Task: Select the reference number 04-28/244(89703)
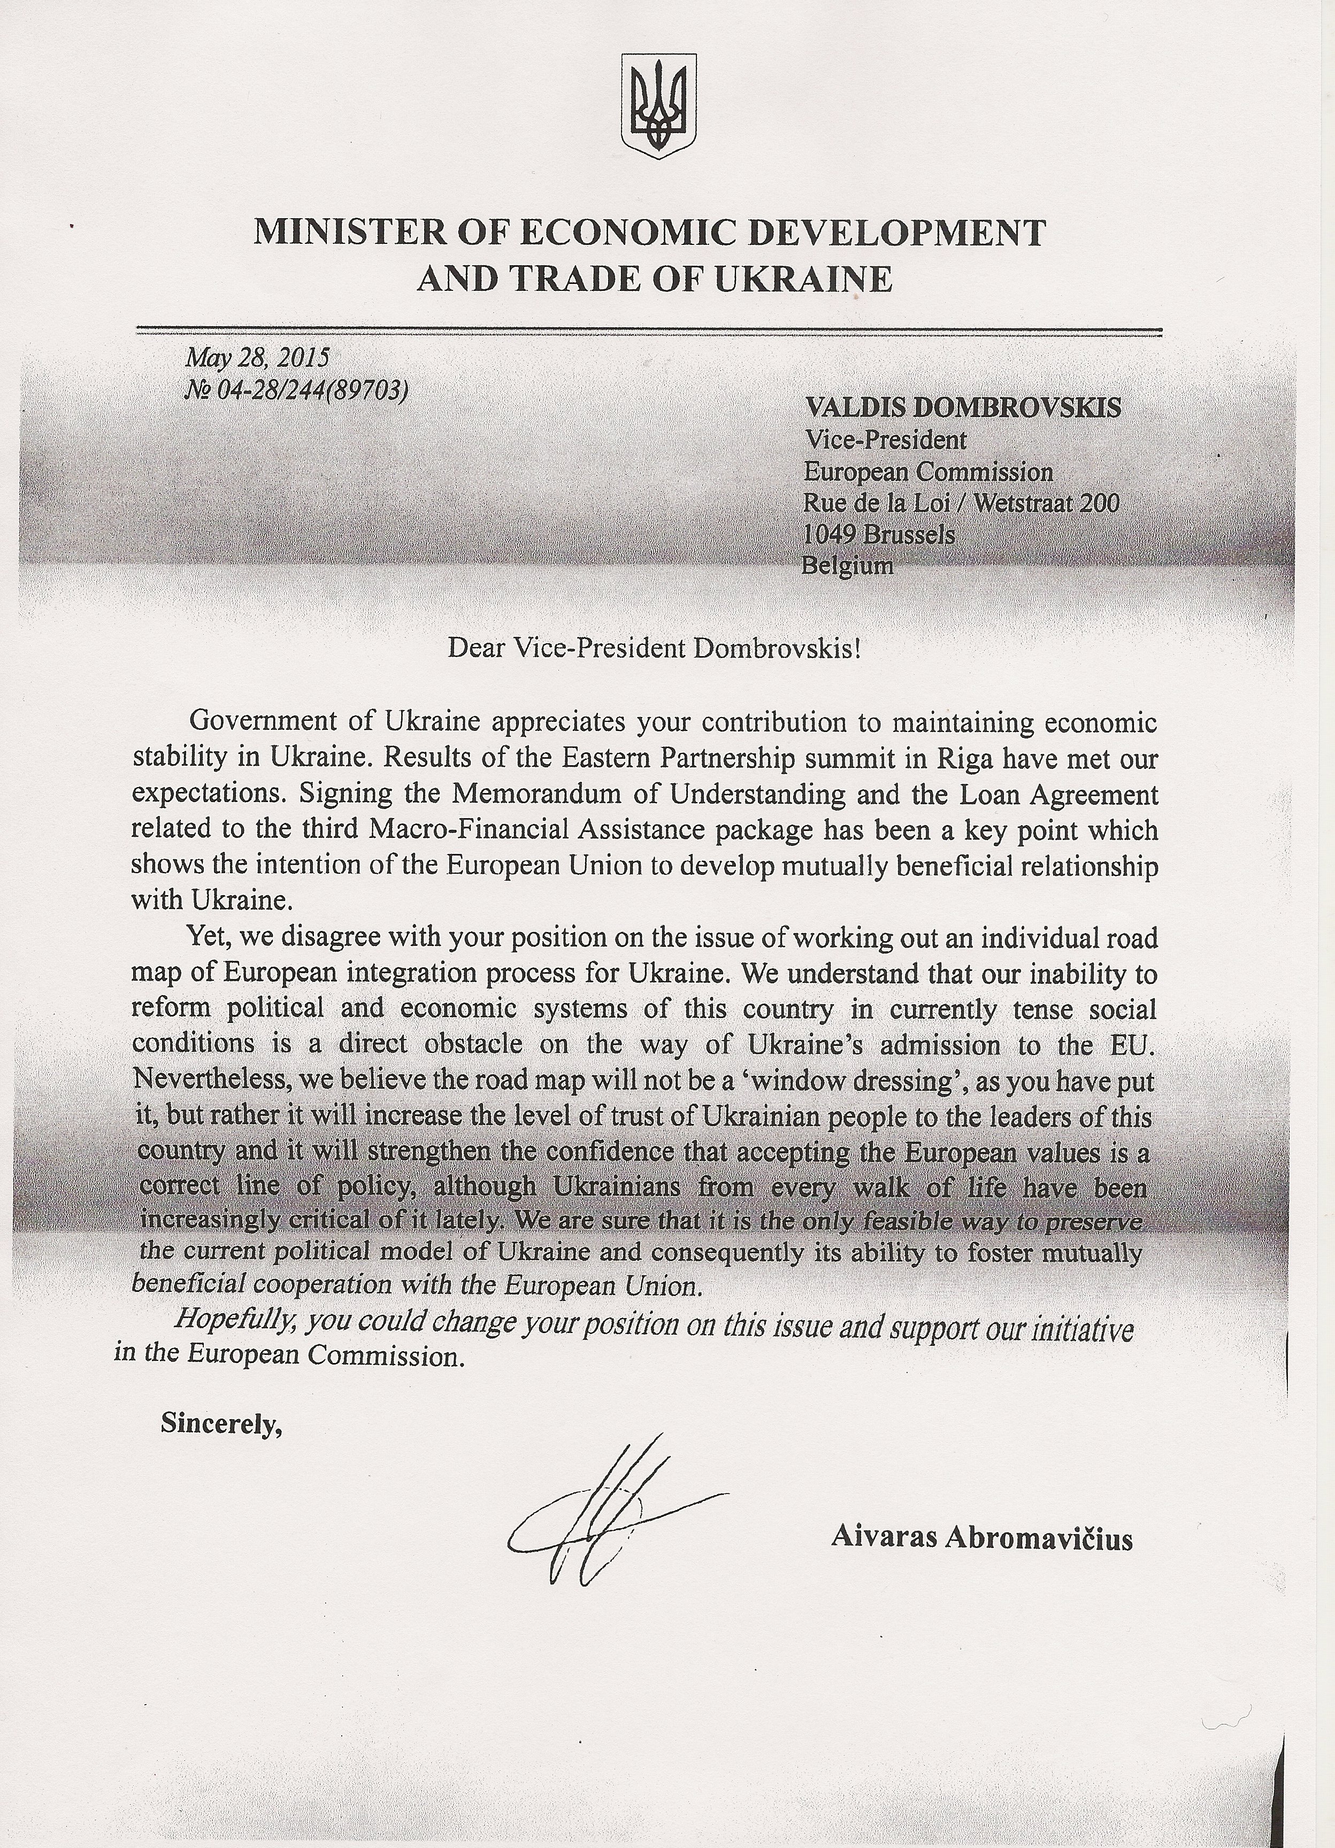306,390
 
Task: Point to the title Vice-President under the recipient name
885,440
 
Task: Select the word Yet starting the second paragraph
210,937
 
